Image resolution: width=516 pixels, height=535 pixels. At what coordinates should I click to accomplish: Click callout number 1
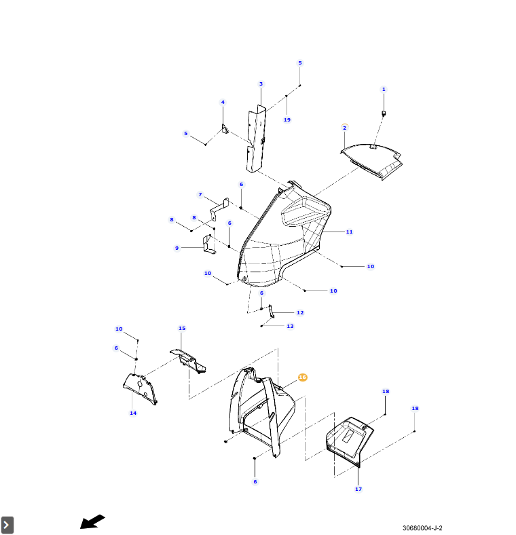(383, 89)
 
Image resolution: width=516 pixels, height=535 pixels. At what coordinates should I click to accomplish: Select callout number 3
(261, 84)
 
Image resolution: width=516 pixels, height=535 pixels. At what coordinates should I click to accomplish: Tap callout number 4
(222, 103)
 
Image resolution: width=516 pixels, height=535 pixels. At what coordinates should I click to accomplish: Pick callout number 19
(287, 119)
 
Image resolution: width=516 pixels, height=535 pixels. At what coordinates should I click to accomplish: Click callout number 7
(200, 195)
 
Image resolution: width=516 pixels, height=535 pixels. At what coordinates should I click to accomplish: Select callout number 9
(177, 248)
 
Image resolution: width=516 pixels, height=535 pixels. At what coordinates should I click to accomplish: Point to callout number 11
(349, 232)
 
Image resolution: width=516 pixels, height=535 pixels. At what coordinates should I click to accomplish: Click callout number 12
(300, 312)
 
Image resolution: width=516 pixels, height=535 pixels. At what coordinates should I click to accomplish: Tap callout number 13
(290, 326)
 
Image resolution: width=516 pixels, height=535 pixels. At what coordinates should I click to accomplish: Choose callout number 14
(133, 413)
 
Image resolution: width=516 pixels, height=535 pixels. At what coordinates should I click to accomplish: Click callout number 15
(182, 328)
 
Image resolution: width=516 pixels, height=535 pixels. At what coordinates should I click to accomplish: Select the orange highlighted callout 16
(303, 377)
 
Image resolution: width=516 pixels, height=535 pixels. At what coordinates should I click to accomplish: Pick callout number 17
(358, 489)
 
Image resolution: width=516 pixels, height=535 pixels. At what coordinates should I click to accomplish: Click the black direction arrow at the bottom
(92, 521)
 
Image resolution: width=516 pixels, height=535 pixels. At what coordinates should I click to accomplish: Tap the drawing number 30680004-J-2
(426, 528)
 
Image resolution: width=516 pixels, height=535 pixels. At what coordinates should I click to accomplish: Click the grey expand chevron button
(7, 525)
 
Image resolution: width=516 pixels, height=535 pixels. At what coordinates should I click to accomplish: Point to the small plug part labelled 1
(384, 112)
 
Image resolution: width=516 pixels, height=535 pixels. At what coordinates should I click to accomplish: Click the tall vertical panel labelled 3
(255, 139)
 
